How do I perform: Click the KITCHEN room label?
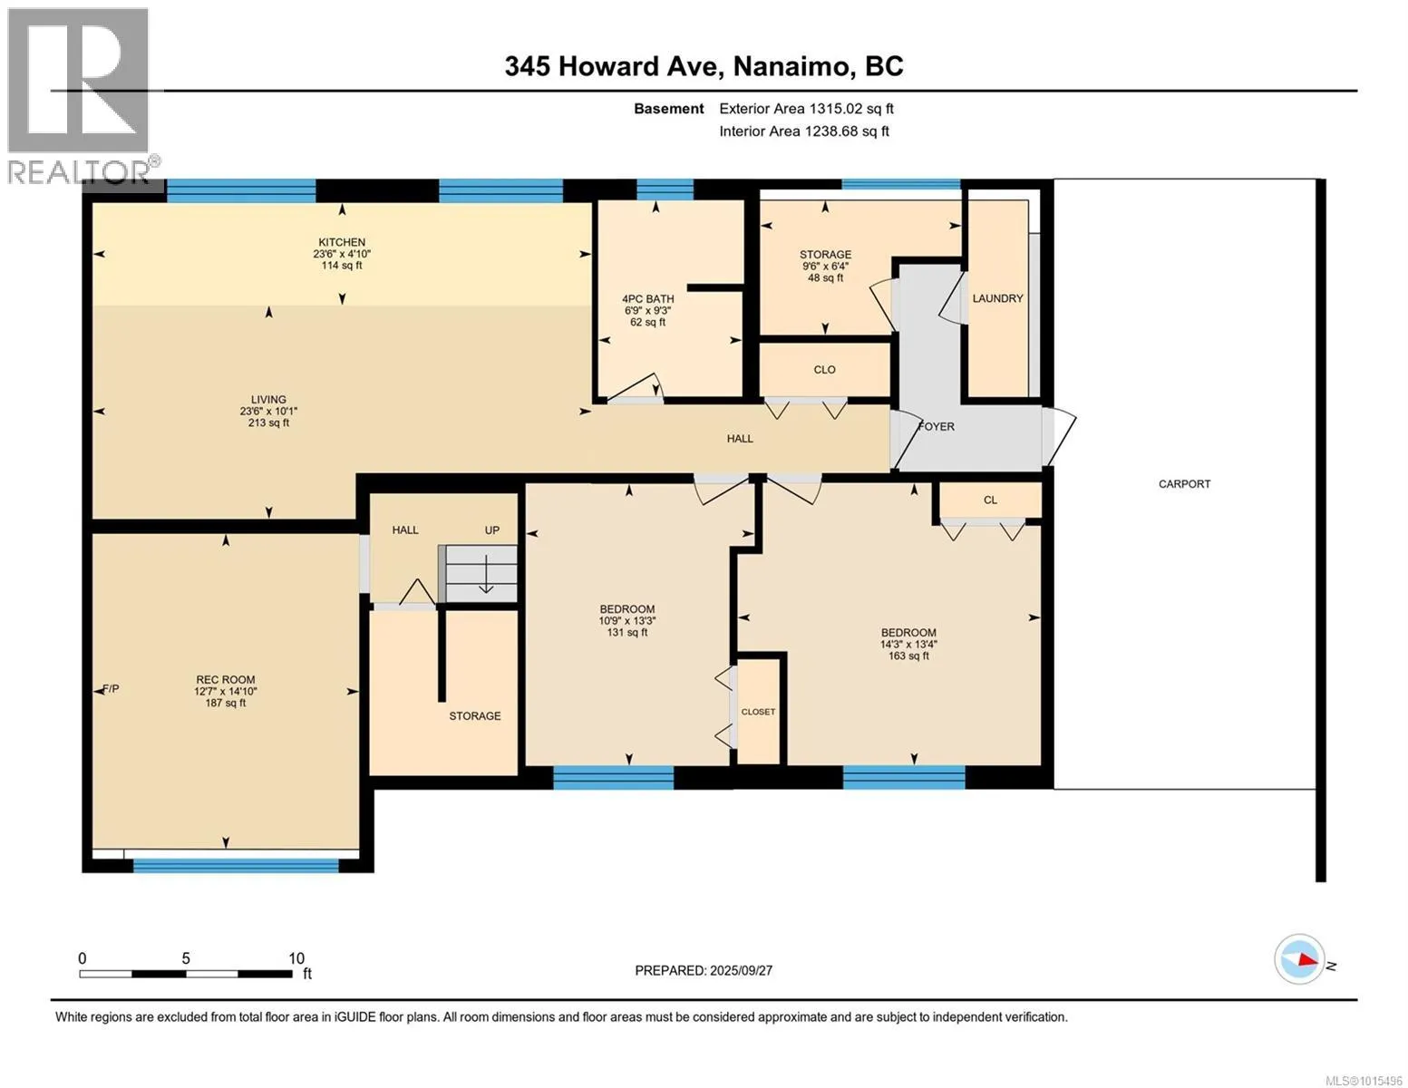click(342, 242)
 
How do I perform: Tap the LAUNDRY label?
click(997, 298)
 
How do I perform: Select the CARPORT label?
click(1184, 484)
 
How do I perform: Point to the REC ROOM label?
click(226, 680)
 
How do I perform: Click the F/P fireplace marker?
click(111, 689)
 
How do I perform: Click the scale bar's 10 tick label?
click(296, 958)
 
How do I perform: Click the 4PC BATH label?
click(647, 298)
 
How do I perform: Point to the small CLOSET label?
click(758, 712)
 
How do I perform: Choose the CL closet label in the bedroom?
click(990, 500)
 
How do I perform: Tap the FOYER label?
click(937, 426)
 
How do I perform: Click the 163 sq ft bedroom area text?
click(908, 656)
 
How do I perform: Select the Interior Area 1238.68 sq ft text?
click(803, 131)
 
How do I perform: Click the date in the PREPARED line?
click(742, 971)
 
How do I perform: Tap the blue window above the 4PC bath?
click(665, 189)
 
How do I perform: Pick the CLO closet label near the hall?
click(824, 370)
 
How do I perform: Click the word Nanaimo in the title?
click(791, 66)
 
